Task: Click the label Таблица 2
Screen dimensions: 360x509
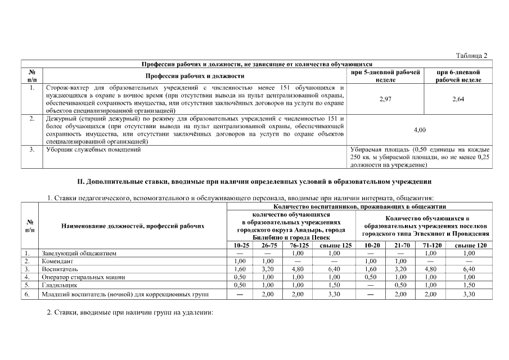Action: click(471, 55)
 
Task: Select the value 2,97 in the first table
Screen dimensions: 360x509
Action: click(385, 99)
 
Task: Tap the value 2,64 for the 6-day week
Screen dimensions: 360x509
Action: click(458, 99)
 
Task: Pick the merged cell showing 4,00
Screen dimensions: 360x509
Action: click(420, 130)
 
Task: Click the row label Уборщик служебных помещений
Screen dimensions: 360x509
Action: click(89, 150)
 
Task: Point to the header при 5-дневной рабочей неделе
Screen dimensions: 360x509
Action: click(385, 76)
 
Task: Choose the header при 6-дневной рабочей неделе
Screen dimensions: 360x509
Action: click(458, 76)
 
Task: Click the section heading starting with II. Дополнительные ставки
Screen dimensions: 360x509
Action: click(254, 182)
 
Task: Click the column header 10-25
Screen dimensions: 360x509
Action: click(240, 245)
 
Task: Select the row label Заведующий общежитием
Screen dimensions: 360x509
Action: click(79, 253)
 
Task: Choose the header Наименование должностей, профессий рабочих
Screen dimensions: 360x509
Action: click(132, 226)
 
